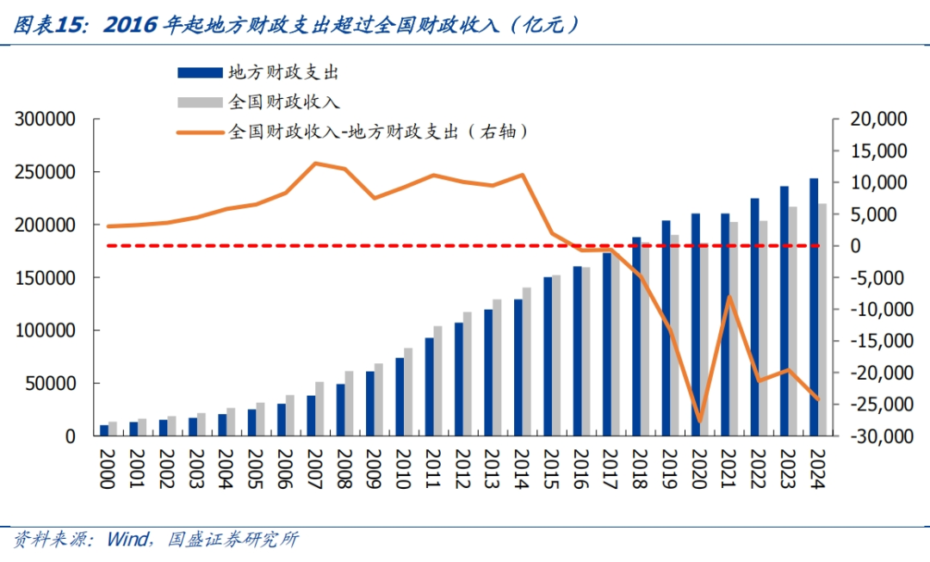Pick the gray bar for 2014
click(527, 361)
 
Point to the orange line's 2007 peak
click(316, 163)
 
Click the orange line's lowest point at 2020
click(700, 422)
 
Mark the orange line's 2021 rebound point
click(729, 297)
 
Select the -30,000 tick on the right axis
click(877, 436)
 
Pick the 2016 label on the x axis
click(580, 469)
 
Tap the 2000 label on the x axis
click(105, 469)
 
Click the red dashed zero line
click(344, 246)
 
